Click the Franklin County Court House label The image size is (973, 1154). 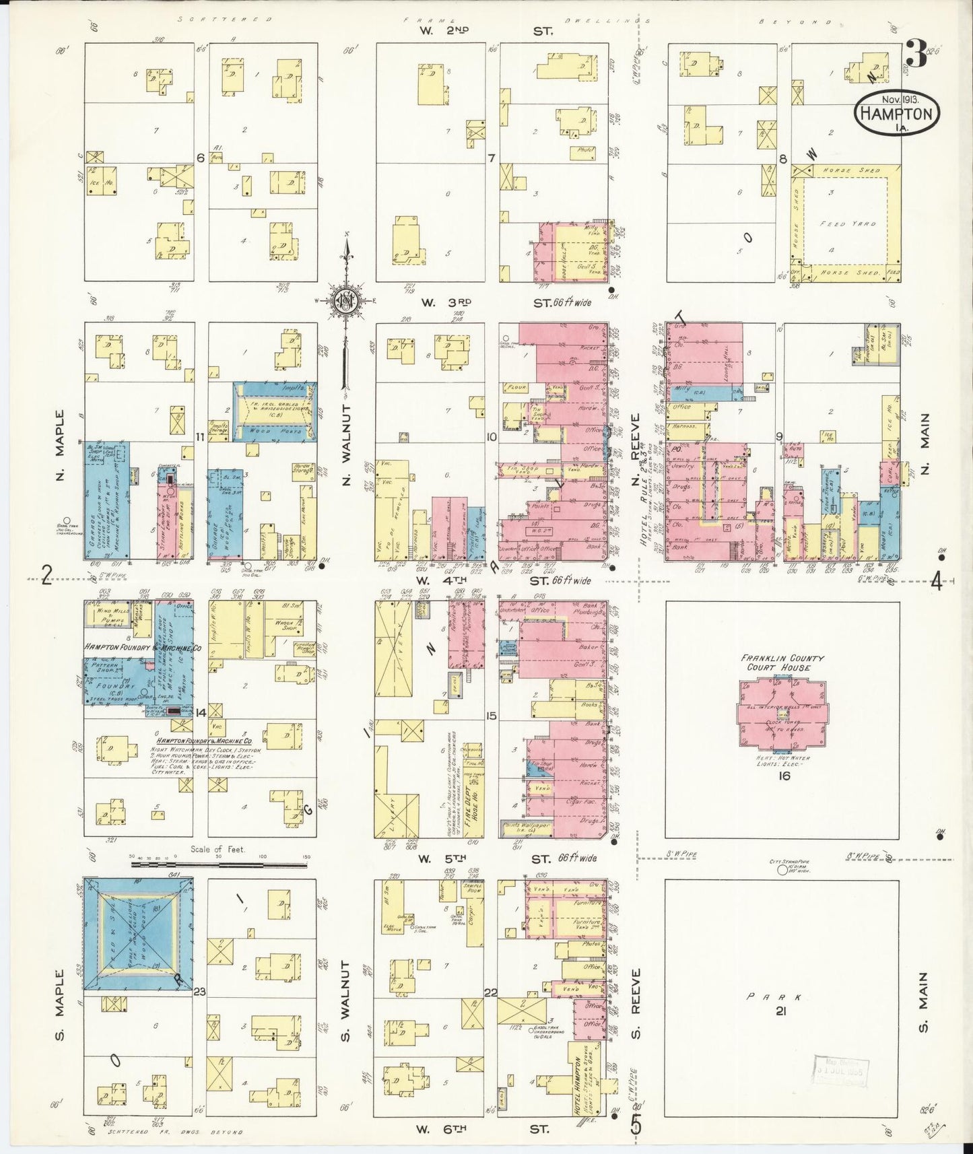[x=782, y=663]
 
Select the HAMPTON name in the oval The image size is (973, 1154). [x=897, y=114]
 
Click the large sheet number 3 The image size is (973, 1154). [x=917, y=54]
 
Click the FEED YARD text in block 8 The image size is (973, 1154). [x=847, y=223]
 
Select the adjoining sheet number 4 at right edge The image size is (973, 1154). [x=936, y=580]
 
